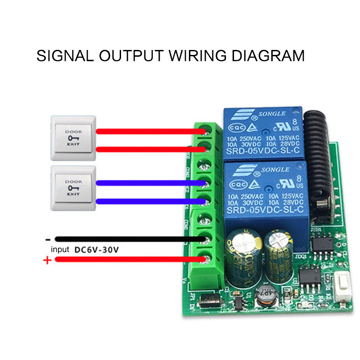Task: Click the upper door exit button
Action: (74, 138)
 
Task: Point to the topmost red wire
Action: (148, 131)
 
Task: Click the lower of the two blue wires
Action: (148, 201)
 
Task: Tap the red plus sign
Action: (47, 260)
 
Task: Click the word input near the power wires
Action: (60, 249)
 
